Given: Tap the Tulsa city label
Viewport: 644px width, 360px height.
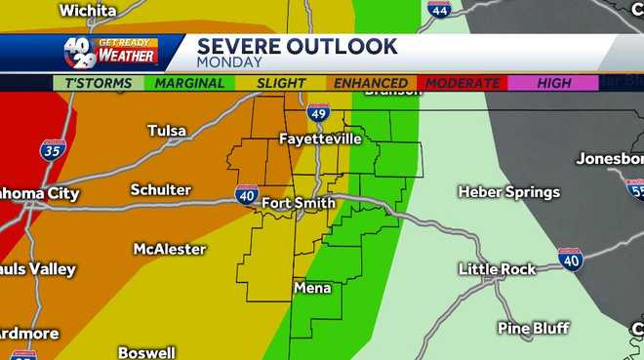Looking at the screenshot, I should click(167, 131).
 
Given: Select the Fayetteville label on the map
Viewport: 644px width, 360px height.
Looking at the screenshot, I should click(320, 140).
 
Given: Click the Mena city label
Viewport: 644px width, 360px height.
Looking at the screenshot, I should click(312, 289).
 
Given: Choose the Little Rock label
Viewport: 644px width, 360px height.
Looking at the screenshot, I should click(498, 269).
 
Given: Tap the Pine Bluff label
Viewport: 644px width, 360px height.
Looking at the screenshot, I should click(533, 328).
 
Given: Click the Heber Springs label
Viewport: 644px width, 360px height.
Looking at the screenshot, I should click(508, 192).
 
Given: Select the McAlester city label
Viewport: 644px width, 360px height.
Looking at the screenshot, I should click(168, 249).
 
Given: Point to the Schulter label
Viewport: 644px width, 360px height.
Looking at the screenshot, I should click(161, 189).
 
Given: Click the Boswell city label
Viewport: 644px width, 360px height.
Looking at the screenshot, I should click(146, 352).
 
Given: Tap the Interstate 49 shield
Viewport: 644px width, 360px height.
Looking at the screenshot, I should click(318, 114).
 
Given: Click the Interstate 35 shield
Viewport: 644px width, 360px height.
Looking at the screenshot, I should click(53, 151).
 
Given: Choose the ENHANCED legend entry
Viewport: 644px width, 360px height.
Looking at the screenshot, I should click(371, 83).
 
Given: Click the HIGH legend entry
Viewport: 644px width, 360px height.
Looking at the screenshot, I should click(553, 83).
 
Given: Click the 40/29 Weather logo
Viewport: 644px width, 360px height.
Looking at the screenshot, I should click(109, 52).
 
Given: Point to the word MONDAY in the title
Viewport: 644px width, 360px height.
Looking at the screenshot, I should click(229, 61).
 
